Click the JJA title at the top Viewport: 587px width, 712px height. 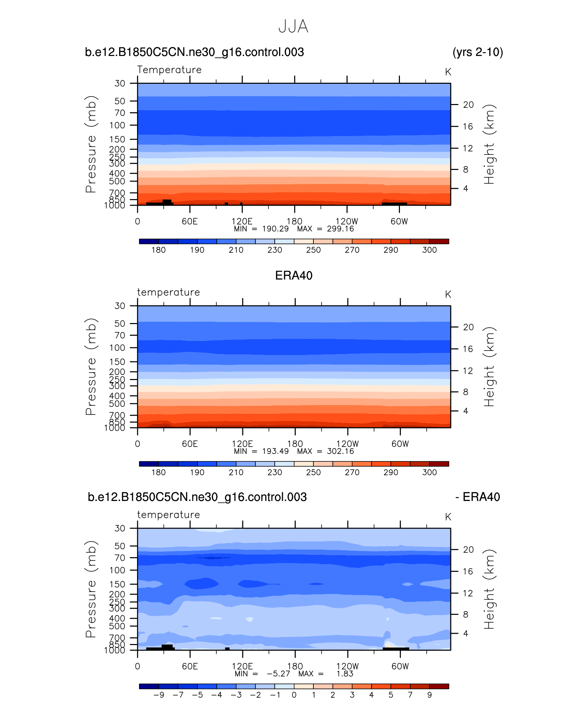point(293,26)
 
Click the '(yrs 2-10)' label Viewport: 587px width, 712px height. point(477,52)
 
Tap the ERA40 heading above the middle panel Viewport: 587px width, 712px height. point(293,276)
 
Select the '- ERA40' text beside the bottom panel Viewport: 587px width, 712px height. point(477,497)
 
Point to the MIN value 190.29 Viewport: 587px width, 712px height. point(275,229)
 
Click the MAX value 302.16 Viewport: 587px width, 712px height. point(340,451)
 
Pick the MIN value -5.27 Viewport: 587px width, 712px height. point(278,674)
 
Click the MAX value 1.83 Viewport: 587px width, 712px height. point(345,674)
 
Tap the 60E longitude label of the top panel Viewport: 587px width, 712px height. point(190,221)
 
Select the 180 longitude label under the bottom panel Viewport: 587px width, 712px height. point(295,666)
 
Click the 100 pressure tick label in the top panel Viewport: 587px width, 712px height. point(117,125)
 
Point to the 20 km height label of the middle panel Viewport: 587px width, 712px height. point(468,327)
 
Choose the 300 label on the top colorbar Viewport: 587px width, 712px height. point(429,250)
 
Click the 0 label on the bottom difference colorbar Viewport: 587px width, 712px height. point(294,695)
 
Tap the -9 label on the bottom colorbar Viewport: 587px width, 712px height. point(159,695)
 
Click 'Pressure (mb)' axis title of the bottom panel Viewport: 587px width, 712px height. point(91,589)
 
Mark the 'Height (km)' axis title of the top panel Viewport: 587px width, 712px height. point(489,144)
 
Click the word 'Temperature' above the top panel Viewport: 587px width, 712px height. point(169,70)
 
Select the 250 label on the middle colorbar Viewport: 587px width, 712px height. point(313,472)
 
